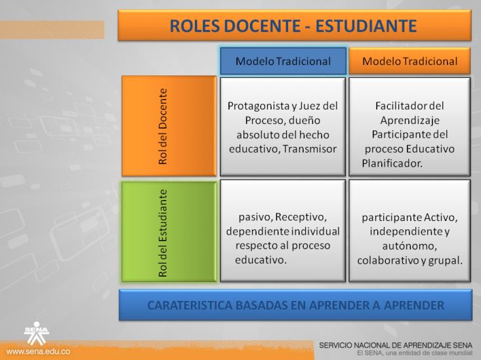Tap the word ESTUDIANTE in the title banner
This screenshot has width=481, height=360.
point(366,26)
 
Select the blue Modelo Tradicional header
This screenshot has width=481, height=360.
point(283,61)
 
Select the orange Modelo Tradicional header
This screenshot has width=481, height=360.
point(409,61)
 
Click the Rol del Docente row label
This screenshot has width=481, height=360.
point(169,126)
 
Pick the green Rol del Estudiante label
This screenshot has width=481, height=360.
point(169,232)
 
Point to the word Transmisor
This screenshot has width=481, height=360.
point(310,149)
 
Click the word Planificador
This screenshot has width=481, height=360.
point(392,163)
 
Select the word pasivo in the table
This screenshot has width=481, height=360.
point(256,217)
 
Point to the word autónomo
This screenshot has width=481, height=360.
point(409,246)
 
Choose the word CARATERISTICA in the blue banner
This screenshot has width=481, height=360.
point(189,306)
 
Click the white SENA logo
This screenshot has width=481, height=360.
point(37,333)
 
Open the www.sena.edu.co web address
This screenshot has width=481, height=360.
point(38,351)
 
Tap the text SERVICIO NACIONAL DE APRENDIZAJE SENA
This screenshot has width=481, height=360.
point(396,346)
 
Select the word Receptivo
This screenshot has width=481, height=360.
point(301,217)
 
